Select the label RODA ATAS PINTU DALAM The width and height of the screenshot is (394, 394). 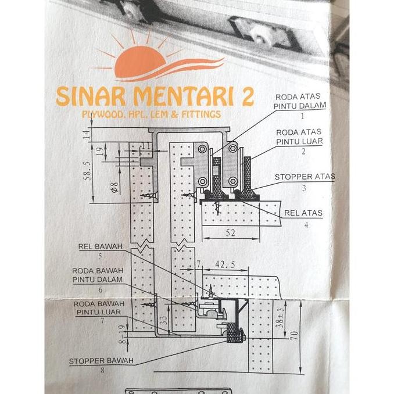pos(300,101)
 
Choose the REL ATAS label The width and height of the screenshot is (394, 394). pos(303,213)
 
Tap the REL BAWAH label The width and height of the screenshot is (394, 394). pos(101,246)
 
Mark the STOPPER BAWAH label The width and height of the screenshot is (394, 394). pos(101,361)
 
